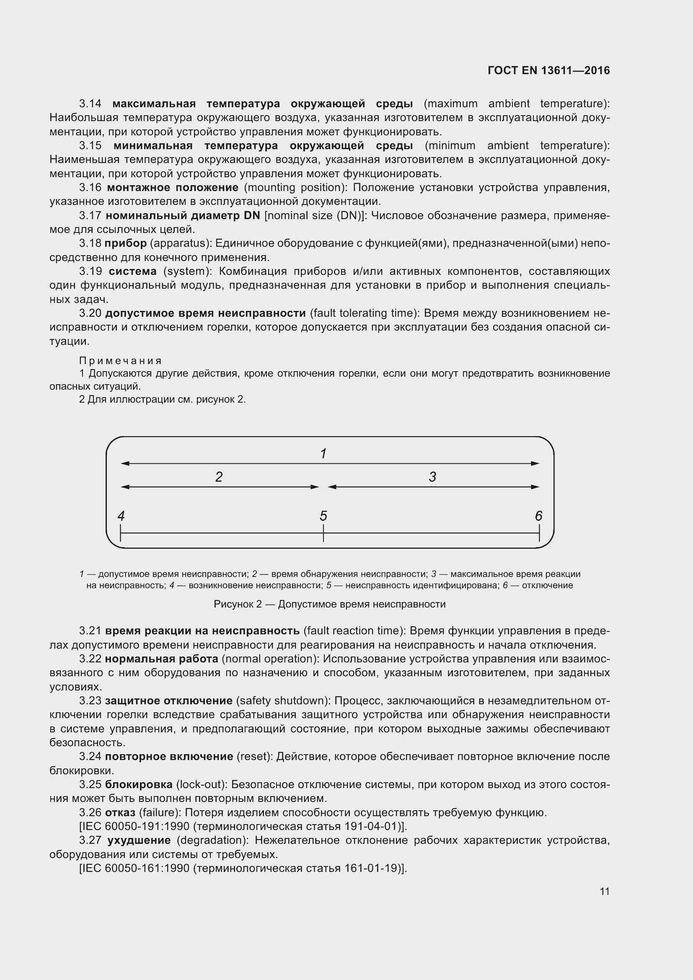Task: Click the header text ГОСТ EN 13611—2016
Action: pyautogui.click(x=548, y=70)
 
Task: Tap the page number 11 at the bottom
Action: pyautogui.click(x=604, y=891)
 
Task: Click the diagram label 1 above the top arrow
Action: pyautogui.click(x=323, y=453)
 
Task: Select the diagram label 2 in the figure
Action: pyautogui.click(x=219, y=477)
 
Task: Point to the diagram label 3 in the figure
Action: pyautogui.click(x=432, y=477)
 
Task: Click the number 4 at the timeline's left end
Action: pyautogui.click(x=121, y=516)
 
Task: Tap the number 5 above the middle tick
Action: pyautogui.click(x=323, y=516)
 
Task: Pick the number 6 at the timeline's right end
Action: pyautogui.click(x=538, y=516)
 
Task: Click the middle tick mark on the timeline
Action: pyautogui.click(x=323, y=533)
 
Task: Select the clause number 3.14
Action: pyautogui.click(x=90, y=104)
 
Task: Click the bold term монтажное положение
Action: pyautogui.click(x=172, y=187)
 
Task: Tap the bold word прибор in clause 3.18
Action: pyautogui.click(x=125, y=243)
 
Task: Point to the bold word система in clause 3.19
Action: pyautogui.click(x=133, y=272)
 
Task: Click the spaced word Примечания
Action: pyautogui.click(x=120, y=361)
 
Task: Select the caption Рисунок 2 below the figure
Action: pyautogui.click(x=237, y=604)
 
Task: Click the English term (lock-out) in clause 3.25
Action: pyautogui.click(x=200, y=784)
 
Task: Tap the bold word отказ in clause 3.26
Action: pyautogui.click(x=120, y=812)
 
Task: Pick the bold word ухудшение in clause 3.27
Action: pyautogui.click(x=139, y=840)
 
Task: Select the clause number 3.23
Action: pyautogui.click(x=90, y=701)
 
